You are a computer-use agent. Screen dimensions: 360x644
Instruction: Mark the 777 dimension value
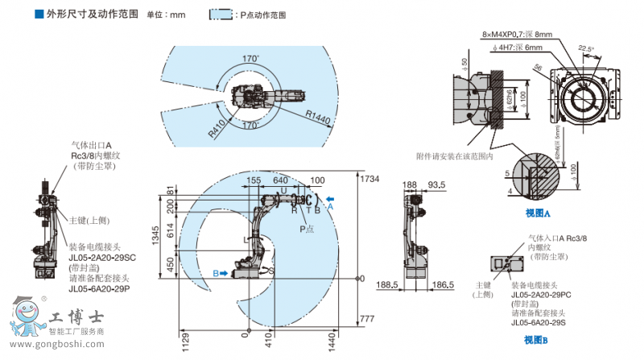[368, 319]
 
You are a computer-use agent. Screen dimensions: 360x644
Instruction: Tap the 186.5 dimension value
[439, 285]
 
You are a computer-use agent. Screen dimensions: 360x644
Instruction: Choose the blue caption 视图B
[535, 340]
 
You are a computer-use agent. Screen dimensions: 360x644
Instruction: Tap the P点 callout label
[308, 229]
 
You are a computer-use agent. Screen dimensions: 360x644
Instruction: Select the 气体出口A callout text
[91, 146]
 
